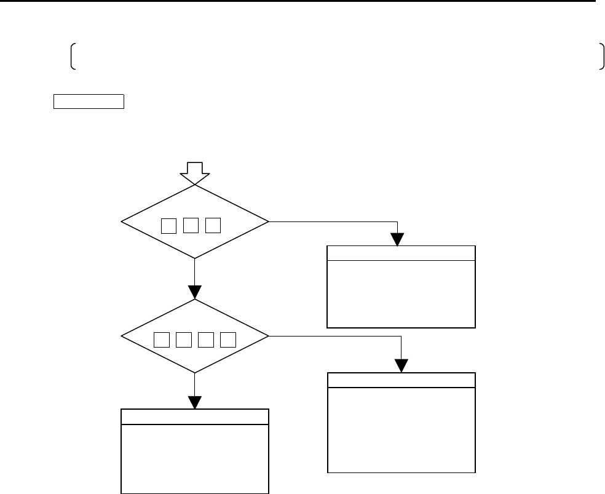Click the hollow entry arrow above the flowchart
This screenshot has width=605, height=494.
[x=195, y=173]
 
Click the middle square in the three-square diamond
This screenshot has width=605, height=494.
[x=191, y=226]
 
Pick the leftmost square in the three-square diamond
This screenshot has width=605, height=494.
[x=168, y=226]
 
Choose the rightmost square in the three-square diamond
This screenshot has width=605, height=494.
[x=213, y=226]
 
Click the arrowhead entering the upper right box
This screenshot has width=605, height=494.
[x=398, y=239]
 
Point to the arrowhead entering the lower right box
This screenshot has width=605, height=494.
[x=401, y=366]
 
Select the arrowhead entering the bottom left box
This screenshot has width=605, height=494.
[x=194, y=402]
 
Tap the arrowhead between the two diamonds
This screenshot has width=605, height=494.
[x=194, y=292]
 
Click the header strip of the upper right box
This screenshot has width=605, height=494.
[x=401, y=253]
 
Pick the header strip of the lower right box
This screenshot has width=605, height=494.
[x=401, y=380]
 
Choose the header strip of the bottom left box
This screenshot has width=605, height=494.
[x=195, y=416]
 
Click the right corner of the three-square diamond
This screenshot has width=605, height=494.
[x=268, y=221]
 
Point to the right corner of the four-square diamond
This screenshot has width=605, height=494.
[x=268, y=336]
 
